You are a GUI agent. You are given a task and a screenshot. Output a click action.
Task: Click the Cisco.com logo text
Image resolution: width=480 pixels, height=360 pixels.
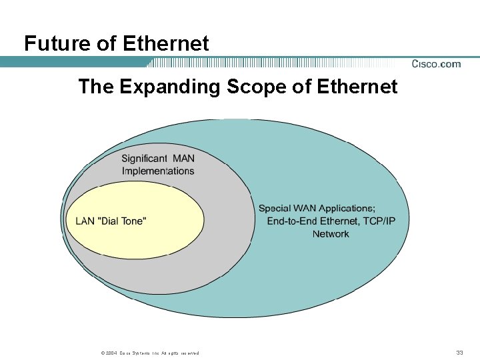click(436, 64)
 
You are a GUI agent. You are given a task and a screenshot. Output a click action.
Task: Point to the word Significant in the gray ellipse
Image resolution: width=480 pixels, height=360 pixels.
click(144, 158)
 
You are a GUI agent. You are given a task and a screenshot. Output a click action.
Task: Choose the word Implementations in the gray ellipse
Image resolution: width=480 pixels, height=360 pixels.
click(158, 171)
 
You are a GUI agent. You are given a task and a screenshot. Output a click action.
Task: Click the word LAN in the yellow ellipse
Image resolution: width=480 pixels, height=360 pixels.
click(85, 221)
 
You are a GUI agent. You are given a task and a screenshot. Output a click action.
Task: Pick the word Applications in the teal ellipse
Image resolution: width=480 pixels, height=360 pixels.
click(347, 209)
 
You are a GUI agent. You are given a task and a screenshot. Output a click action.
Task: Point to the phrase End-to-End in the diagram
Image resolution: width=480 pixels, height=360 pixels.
click(292, 221)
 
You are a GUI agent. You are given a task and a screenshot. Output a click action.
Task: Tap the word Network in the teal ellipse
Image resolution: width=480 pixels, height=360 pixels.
click(331, 234)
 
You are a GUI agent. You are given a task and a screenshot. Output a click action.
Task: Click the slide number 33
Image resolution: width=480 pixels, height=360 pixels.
click(459, 352)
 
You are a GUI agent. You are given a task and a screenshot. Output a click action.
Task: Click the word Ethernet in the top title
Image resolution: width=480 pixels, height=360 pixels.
click(166, 44)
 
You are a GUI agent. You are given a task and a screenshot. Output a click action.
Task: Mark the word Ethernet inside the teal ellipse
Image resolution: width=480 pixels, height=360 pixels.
click(339, 221)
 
